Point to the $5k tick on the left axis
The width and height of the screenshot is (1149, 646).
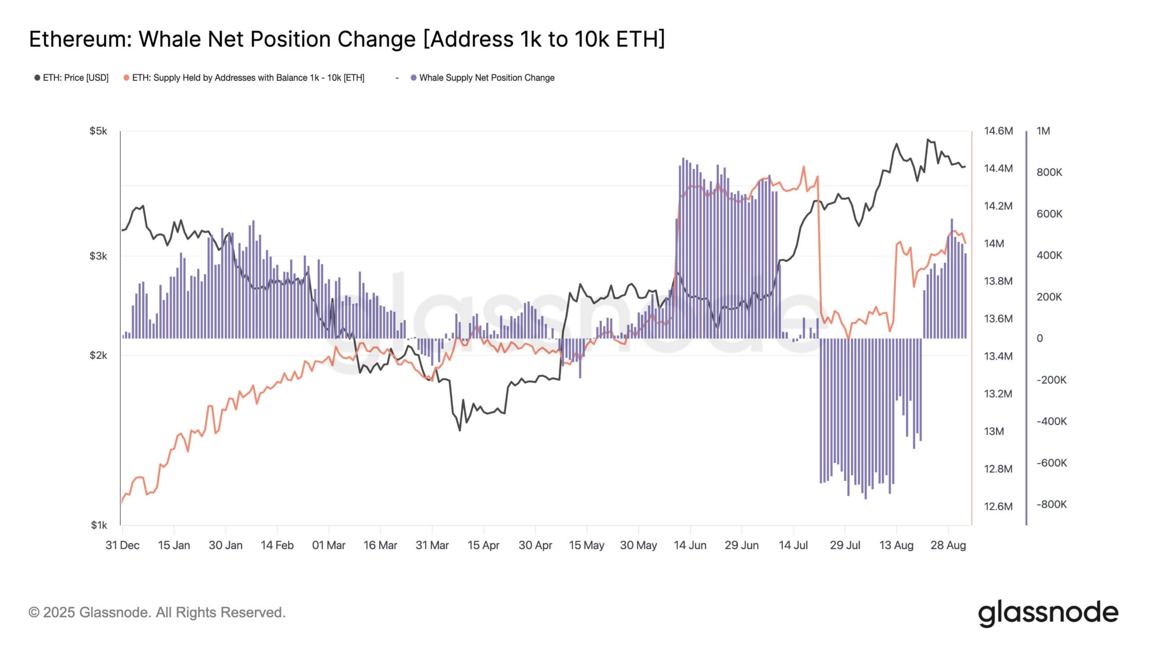point(98,131)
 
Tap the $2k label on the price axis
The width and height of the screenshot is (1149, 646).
point(98,355)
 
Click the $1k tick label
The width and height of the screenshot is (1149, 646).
point(99,525)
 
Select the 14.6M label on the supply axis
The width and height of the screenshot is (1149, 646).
point(998,131)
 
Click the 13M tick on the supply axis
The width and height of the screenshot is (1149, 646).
point(994,431)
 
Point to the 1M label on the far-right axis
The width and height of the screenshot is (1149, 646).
point(1043,131)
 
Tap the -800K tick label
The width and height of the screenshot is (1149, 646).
point(1052,504)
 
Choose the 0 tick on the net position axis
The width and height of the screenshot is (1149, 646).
point(1039,338)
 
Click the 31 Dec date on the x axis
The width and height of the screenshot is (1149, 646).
point(122,545)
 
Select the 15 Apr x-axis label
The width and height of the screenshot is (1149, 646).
point(483,545)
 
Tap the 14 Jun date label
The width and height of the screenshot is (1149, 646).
point(690,545)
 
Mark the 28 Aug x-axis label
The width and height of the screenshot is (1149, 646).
point(948,545)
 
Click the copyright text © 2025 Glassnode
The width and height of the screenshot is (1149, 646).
point(157,612)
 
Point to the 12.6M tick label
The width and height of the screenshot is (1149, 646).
point(998,506)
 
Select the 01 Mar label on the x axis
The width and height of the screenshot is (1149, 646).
point(329,545)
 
